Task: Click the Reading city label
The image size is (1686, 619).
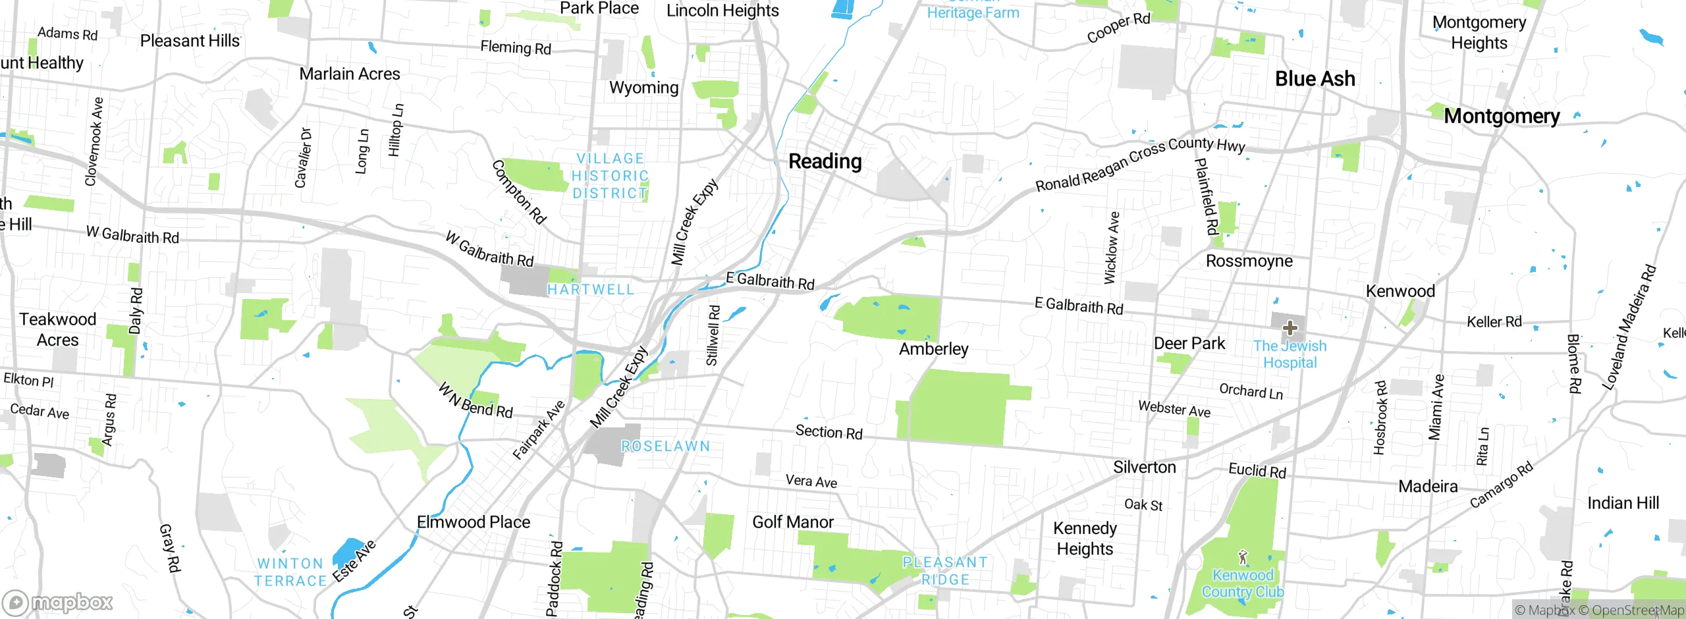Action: pyautogui.click(x=825, y=161)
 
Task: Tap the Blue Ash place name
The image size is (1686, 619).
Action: pyautogui.click(x=1315, y=79)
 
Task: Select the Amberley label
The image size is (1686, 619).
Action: pyautogui.click(x=933, y=349)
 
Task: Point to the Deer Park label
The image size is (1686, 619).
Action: pyautogui.click(x=1189, y=344)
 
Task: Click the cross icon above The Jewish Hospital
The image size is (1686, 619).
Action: pyautogui.click(x=1290, y=327)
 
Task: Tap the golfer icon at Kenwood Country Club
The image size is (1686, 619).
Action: pyautogui.click(x=1243, y=558)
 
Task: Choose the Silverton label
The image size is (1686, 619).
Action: pyautogui.click(x=1144, y=468)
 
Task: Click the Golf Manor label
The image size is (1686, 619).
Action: pyautogui.click(x=792, y=522)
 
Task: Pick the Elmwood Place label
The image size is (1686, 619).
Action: pyautogui.click(x=473, y=522)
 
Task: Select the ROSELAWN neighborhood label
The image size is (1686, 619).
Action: pyautogui.click(x=665, y=446)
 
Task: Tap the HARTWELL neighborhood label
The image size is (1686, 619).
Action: pyautogui.click(x=591, y=290)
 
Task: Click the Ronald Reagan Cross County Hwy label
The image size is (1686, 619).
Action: pyautogui.click(x=1140, y=164)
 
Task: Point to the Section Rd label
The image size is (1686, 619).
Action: pyautogui.click(x=829, y=432)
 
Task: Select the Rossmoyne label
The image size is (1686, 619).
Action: pyautogui.click(x=1249, y=261)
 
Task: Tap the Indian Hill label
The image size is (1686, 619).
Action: pyautogui.click(x=1623, y=504)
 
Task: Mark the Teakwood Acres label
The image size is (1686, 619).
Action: pyautogui.click(x=57, y=329)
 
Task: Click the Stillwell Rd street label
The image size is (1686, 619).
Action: pyautogui.click(x=713, y=335)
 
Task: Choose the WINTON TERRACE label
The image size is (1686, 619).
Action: pyautogui.click(x=290, y=572)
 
